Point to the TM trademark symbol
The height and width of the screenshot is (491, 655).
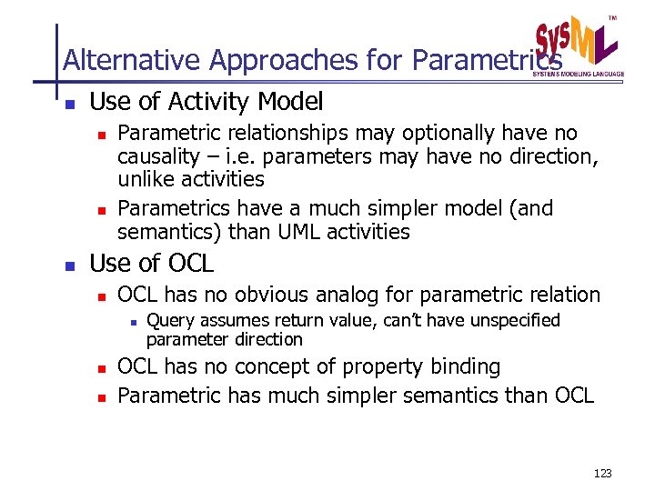(611, 18)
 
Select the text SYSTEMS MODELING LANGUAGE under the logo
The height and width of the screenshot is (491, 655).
(578, 73)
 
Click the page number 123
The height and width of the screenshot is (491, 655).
(601, 474)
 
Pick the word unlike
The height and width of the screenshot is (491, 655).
(146, 179)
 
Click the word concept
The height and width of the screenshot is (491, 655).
(274, 366)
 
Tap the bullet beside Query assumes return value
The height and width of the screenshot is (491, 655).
(133, 321)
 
